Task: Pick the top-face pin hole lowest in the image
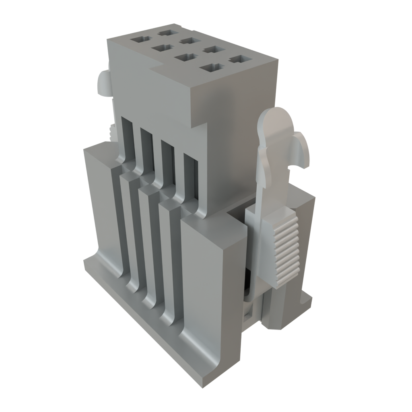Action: [x=210, y=68]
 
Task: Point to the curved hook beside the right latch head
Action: [x=302, y=149]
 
